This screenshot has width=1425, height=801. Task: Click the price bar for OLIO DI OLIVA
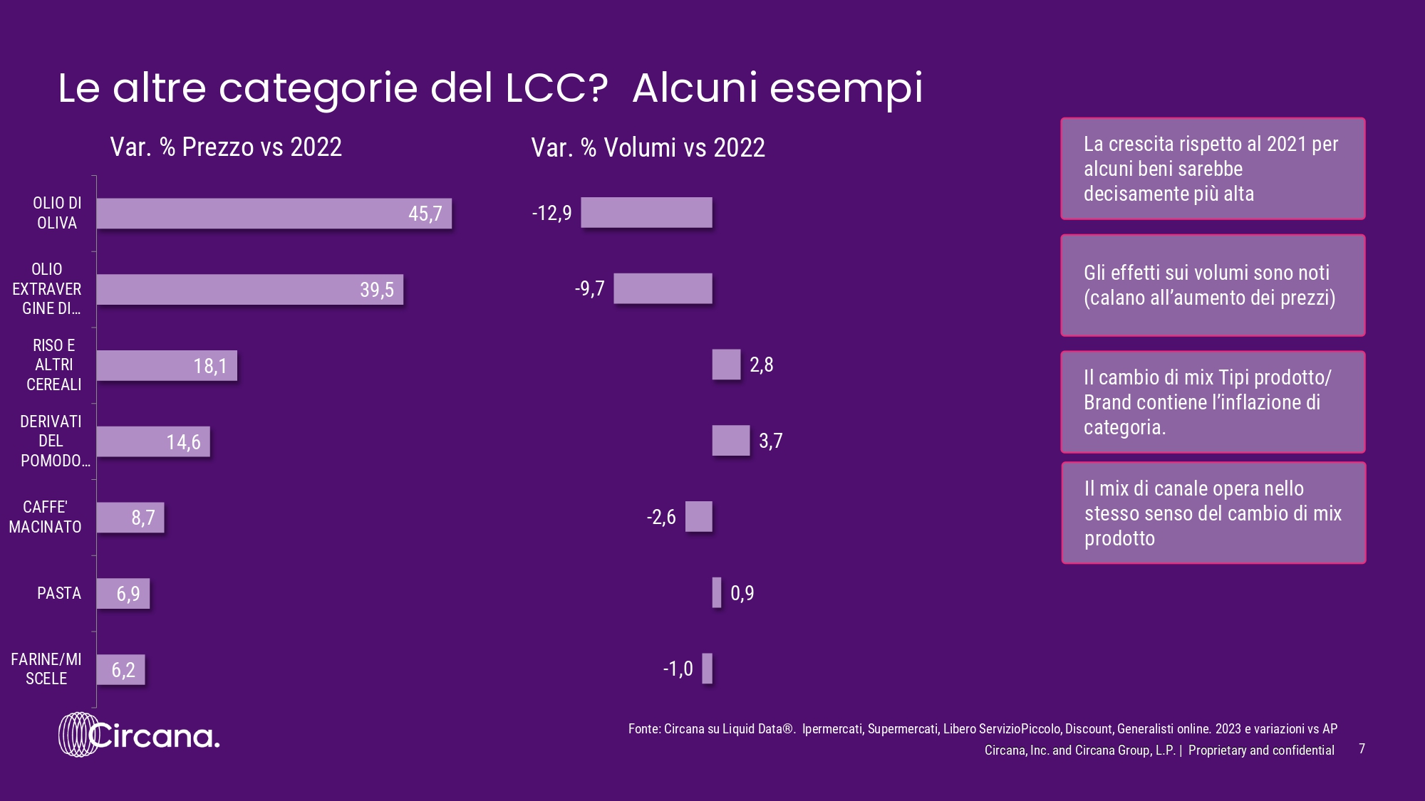tap(274, 214)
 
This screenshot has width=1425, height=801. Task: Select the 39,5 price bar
tap(249, 290)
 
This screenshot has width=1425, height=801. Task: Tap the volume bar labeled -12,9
tap(646, 213)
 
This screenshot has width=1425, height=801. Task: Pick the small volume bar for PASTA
tap(717, 592)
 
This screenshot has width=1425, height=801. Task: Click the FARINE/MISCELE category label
tap(46, 669)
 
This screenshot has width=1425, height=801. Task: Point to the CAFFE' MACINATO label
tap(45, 517)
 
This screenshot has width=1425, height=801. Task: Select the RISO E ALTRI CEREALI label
tap(53, 365)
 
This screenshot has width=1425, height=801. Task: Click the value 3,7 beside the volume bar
tap(770, 441)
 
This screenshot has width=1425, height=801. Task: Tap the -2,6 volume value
tap(661, 517)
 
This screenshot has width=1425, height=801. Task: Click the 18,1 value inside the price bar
tap(210, 366)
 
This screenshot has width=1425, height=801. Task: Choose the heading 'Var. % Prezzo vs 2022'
tap(226, 147)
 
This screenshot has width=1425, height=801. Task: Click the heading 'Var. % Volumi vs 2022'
tap(648, 147)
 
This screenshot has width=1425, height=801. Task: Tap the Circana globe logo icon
tap(78, 734)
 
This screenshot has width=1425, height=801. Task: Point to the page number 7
tap(1362, 748)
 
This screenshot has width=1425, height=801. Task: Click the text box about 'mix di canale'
tap(1213, 513)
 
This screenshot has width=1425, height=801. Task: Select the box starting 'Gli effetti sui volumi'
tap(1213, 285)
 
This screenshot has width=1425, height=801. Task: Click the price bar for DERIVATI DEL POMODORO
tap(153, 441)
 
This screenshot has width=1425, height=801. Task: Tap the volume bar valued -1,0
tap(707, 669)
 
